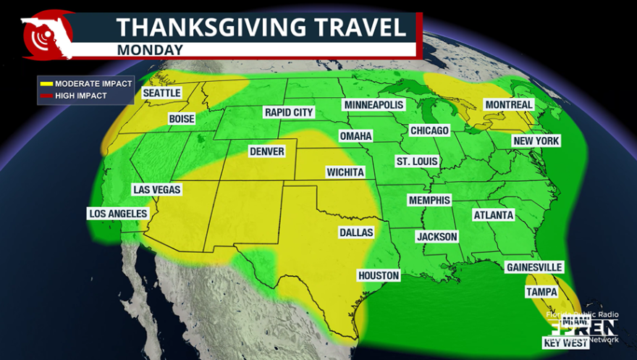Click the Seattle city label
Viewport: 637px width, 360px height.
pos(161,93)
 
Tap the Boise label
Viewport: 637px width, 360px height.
pos(182,119)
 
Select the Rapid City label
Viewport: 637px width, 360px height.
pos(289,112)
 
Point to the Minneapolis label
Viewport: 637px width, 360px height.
pos(374,105)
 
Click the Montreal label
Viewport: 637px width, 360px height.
pos(508,105)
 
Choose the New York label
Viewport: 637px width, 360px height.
pos(536,141)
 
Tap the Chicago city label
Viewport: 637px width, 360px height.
pos(429,130)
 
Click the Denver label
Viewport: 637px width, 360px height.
pos(266,151)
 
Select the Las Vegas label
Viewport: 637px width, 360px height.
pos(156,190)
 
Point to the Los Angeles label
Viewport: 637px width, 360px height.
pos(118,214)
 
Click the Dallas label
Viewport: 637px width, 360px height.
pos(356,233)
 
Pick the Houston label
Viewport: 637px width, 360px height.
pos(379,276)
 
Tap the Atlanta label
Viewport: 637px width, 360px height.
pos(493,215)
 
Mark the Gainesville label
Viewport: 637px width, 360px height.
pos(534,267)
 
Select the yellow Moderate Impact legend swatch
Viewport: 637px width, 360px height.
pos(46,84)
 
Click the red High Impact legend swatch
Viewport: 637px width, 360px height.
pos(46,96)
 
